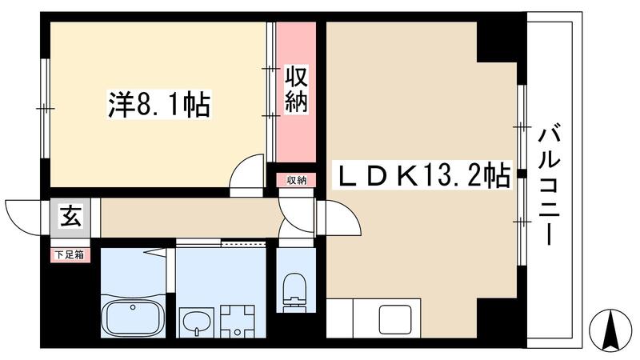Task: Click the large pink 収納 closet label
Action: coord(295,90)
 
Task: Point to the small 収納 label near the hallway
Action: coord(296,180)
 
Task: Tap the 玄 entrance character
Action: coord(67,216)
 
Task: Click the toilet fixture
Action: coord(294,293)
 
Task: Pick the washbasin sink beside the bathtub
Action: coord(194,322)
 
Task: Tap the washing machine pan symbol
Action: coord(237,321)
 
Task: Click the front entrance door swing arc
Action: coord(24,214)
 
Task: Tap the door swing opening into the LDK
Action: coord(340,216)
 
